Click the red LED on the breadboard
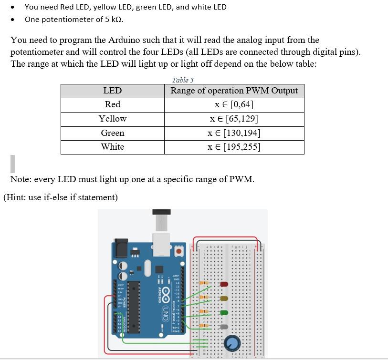point(224,284)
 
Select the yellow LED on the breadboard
point(224,298)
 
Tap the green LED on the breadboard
point(224,313)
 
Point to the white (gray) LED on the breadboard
point(224,327)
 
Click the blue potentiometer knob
point(232,343)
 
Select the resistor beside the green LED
point(204,312)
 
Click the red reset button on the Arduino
point(179,251)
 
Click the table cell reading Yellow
point(113,119)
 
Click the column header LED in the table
point(113,91)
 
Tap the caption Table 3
point(183,80)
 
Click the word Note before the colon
point(21,179)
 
